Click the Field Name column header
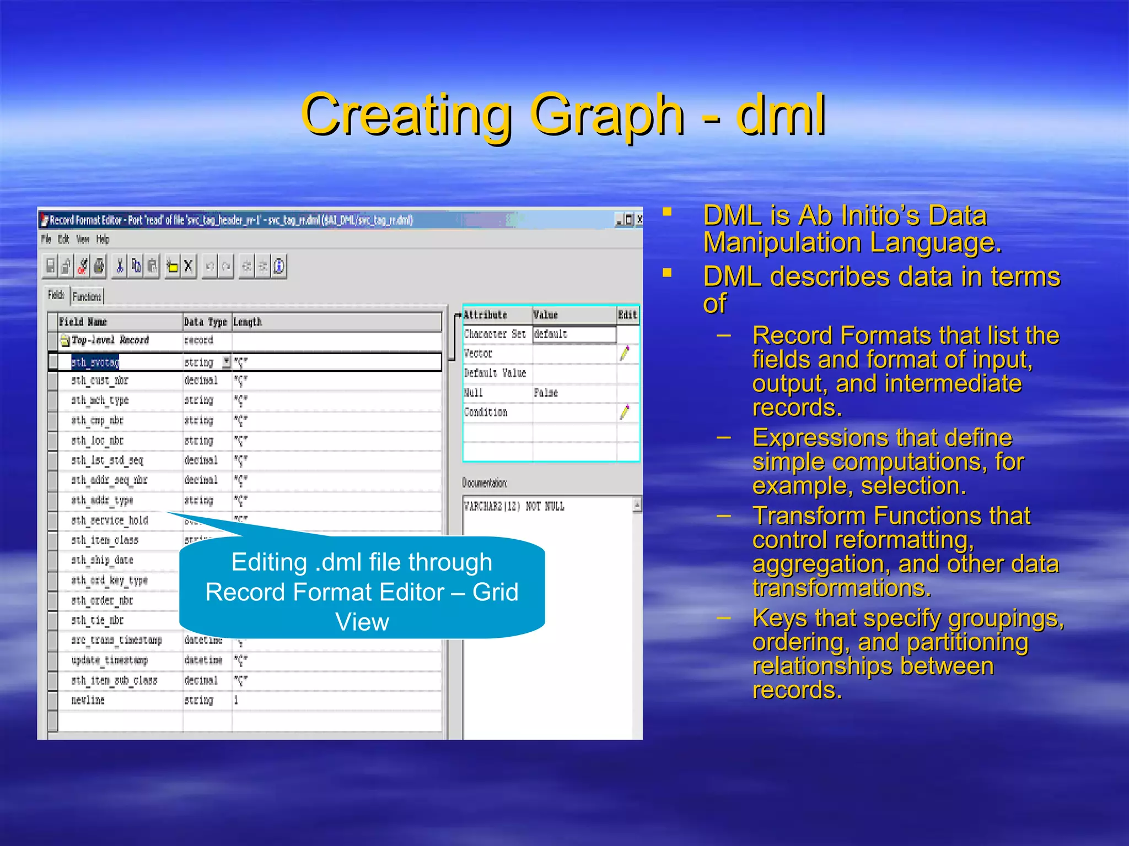(83, 322)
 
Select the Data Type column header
(205, 322)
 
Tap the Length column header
(248, 322)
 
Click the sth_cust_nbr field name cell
(100, 381)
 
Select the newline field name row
(88, 701)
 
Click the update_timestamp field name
(110, 660)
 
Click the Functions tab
(87, 297)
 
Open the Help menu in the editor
(103, 240)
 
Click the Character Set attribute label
(494, 334)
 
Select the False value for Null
(546, 393)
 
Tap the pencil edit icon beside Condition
(625, 412)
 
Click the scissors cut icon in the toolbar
(119, 267)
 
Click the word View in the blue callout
(362, 622)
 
